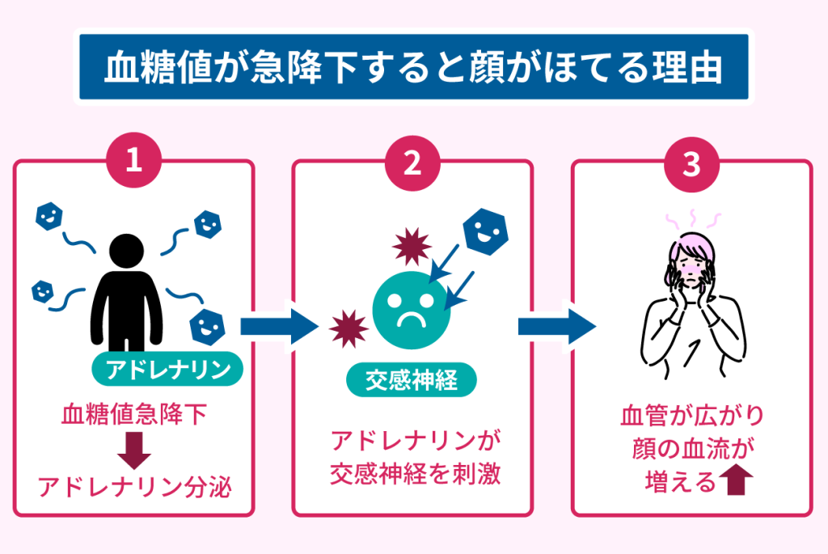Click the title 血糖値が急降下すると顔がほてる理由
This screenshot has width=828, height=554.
click(413, 69)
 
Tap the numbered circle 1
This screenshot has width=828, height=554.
click(134, 162)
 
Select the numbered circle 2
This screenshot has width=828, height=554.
click(412, 162)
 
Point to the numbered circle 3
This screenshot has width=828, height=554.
click(691, 162)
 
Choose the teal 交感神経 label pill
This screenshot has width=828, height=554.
click(412, 381)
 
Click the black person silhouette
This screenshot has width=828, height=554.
click(127, 291)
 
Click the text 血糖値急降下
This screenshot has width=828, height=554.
click(134, 417)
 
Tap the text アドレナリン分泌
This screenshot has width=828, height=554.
click(134, 487)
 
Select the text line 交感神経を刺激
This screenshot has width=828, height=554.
click(415, 473)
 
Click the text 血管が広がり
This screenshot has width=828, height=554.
click(691, 417)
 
